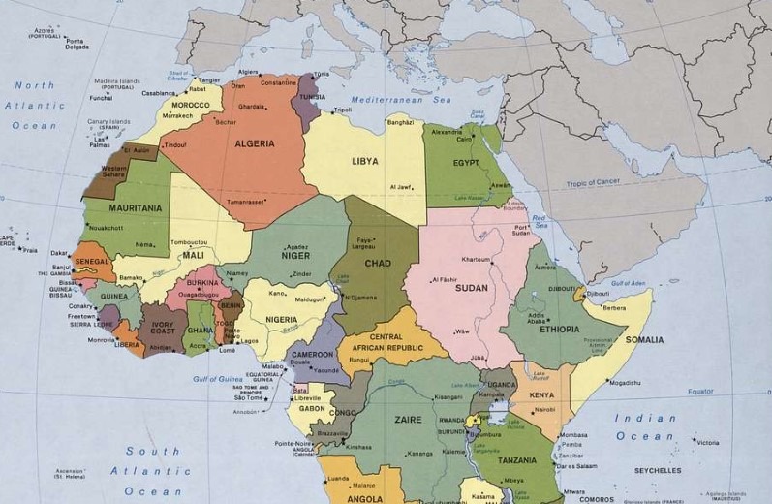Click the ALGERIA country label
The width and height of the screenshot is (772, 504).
[x=254, y=143]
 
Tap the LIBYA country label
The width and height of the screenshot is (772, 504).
[x=365, y=161]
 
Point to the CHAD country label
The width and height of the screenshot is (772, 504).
[x=377, y=264]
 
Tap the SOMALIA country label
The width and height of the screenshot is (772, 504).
[x=644, y=340]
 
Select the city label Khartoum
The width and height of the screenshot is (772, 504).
[x=476, y=260]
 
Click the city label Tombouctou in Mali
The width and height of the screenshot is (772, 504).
[x=190, y=241]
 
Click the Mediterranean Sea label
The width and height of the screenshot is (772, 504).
[x=386, y=100]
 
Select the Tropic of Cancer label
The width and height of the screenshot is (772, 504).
[x=621, y=183]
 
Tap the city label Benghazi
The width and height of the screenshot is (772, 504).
[x=400, y=122]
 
